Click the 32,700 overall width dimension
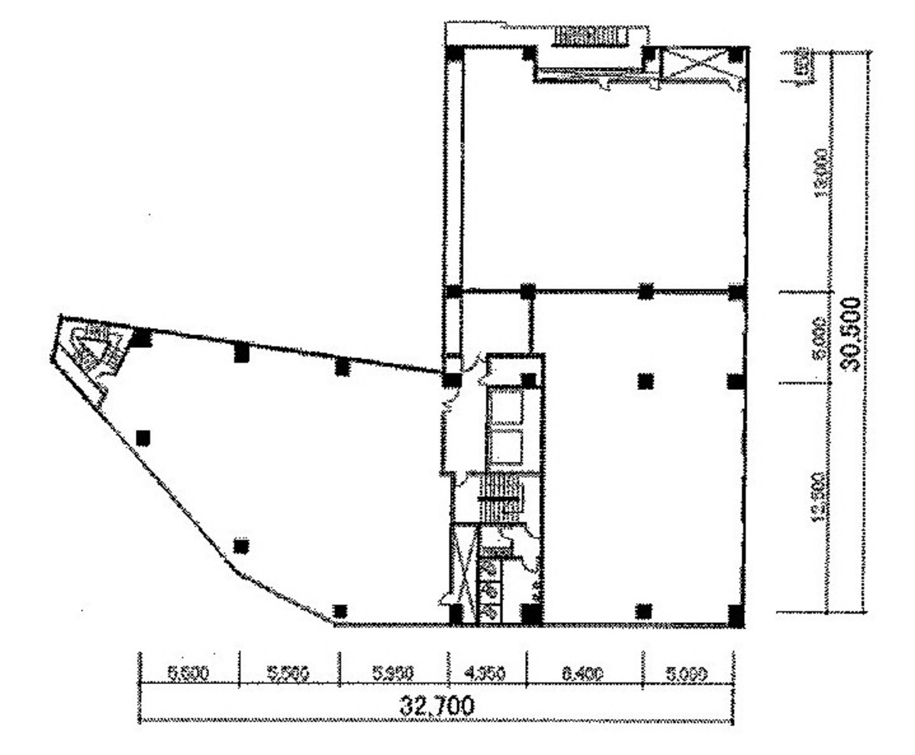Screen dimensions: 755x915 tap(437, 705)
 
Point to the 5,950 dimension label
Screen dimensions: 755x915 tap(393, 674)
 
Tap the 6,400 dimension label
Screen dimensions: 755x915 tap(584, 674)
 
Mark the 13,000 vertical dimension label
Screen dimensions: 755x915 tap(821, 173)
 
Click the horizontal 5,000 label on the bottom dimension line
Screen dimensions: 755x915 tap(688, 674)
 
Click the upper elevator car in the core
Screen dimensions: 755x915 tap(504, 406)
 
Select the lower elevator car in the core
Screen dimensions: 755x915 tap(504, 447)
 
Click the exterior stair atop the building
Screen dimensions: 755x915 tap(590, 35)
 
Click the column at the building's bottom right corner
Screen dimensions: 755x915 tap(735, 615)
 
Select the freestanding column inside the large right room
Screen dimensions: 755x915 tap(646, 380)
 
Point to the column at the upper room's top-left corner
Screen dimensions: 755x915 tap(454, 54)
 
